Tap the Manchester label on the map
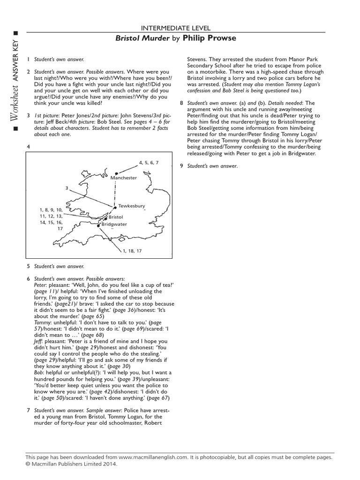point(124,178)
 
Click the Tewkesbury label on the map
point(131,206)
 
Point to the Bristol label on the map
point(115,217)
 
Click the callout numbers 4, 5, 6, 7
point(149,162)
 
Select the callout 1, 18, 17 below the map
point(132,251)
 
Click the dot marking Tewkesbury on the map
point(115,207)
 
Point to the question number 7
point(29,410)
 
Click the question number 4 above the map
point(29,147)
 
